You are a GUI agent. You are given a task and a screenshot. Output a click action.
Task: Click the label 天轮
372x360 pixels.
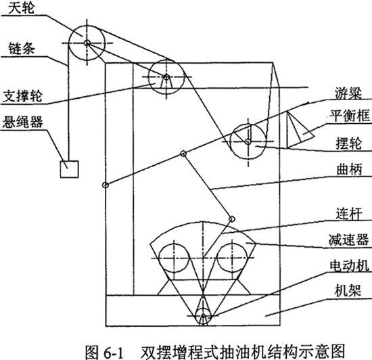(x=21, y=8)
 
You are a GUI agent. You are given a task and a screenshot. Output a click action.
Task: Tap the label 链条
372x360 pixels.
(x=22, y=49)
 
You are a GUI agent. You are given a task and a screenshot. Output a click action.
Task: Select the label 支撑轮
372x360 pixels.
(x=22, y=96)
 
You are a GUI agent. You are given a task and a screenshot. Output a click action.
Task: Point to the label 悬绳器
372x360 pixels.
(x=22, y=122)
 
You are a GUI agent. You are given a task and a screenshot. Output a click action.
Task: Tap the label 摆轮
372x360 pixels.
(x=349, y=143)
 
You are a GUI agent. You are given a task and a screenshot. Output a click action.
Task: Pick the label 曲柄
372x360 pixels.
(x=349, y=169)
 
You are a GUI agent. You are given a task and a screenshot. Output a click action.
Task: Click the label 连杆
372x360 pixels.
(x=349, y=214)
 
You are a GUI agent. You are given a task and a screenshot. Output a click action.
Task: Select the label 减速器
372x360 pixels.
(x=349, y=240)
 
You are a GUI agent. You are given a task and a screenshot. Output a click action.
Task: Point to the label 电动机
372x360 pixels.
(x=350, y=265)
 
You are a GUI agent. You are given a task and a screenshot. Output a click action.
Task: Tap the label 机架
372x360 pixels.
(x=348, y=290)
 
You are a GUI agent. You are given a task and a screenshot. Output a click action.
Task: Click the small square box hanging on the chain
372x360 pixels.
(x=69, y=169)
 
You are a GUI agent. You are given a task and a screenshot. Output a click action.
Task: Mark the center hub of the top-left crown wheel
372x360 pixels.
(x=87, y=43)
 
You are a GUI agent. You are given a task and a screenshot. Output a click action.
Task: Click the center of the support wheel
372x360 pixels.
(x=166, y=77)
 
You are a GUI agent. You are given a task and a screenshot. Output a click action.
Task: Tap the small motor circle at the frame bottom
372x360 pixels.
(x=203, y=316)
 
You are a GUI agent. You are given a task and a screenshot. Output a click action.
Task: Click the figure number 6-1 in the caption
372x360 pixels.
(x=114, y=352)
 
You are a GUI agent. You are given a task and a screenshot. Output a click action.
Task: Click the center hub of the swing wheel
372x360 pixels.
(x=248, y=141)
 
